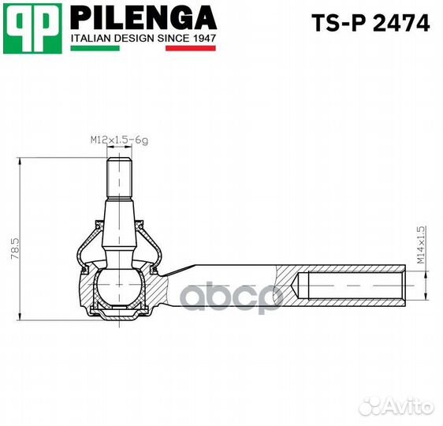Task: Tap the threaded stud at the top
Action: click(x=118, y=178)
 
